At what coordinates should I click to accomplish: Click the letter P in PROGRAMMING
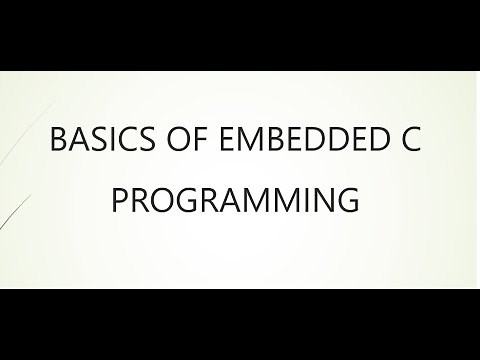[x=118, y=199]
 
